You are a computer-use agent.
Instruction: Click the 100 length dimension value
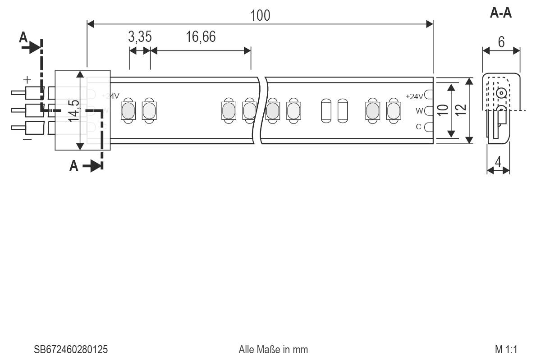260,15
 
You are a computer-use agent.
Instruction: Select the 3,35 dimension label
139,37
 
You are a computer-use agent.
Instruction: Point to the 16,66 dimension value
201,37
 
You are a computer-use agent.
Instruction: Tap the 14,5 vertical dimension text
74,110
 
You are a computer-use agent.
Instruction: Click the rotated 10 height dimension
443,109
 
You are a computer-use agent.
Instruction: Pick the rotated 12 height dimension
460,109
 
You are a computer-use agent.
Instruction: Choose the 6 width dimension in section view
501,42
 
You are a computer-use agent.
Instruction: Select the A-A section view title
501,13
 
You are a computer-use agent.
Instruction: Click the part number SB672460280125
71,350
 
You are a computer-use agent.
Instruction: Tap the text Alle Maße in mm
273,350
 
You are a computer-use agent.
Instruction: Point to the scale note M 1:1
506,350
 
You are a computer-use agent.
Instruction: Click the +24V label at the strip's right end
415,96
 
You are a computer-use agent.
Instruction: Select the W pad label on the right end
419,111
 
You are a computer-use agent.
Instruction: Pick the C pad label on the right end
418,127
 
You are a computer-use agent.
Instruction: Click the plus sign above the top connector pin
27,80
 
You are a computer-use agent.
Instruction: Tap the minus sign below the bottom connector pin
27,140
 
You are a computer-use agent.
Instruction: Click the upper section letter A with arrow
23,38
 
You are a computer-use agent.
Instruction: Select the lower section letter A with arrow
74,166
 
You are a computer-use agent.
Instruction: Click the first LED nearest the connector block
128,110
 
